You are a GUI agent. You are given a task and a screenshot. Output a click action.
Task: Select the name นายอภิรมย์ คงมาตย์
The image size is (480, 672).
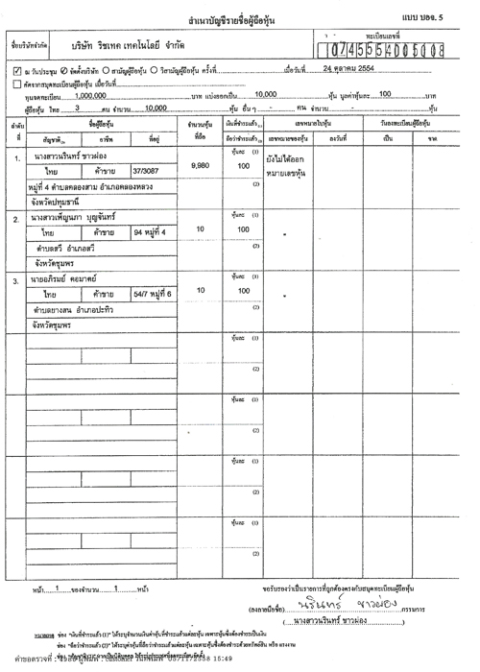74,280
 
